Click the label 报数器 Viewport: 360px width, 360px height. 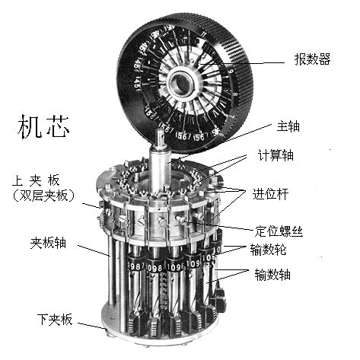312,59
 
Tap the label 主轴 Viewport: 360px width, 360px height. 288,126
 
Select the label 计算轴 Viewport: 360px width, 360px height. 276,155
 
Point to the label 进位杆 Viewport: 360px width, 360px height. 270,194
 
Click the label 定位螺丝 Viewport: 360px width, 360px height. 279,231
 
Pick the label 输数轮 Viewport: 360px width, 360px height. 268,249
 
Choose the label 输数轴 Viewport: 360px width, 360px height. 272,275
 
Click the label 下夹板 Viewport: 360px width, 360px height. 55,319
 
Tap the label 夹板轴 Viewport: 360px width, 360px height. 48,243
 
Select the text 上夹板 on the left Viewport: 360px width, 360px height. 36,180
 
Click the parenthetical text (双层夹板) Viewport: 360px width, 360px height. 43,196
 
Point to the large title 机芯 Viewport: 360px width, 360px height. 43,126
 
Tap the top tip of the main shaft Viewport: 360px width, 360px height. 161,129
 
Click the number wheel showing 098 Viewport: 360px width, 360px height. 156,268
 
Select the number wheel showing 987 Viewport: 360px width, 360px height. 136,266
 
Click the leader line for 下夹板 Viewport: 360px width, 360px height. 92,326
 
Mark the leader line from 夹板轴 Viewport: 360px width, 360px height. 94,250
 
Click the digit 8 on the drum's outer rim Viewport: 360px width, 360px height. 235,94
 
